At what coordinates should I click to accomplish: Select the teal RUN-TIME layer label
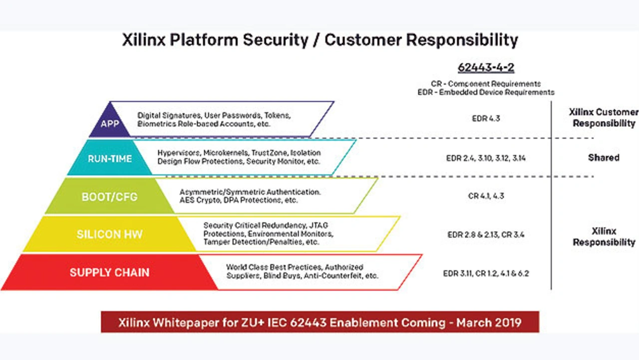(110, 159)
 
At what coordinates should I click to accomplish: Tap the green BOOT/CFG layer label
(109, 197)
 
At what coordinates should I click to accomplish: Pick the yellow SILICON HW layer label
(109, 234)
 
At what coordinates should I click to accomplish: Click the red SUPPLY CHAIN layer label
(109, 273)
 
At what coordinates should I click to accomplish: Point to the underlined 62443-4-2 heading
(486, 67)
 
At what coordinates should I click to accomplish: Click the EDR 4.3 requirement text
(486, 118)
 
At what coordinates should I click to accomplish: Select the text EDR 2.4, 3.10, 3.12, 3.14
(486, 158)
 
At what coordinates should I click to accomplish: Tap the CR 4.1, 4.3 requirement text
(486, 196)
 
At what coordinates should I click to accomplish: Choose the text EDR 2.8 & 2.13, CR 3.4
(486, 235)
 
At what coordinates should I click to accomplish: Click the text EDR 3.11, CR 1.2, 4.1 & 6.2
(486, 273)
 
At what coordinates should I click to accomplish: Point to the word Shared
(604, 157)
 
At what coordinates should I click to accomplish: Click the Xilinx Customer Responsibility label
(604, 117)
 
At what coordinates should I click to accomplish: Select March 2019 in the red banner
(489, 323)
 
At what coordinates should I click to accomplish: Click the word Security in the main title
(276, 40)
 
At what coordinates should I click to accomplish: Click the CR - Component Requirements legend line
(486, 83)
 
